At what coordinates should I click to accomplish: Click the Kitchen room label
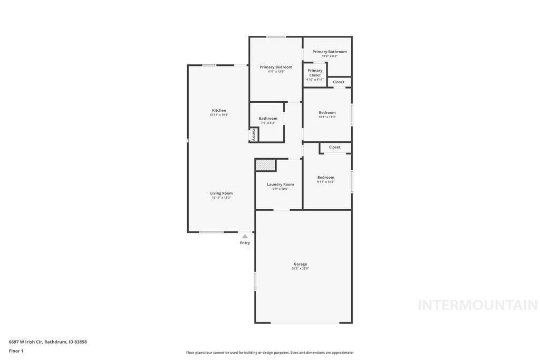coord(219,111)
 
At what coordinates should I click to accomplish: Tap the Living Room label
coord(221,193)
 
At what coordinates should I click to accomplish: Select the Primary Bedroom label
coord(276,67)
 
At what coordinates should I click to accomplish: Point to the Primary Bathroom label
coord(330,52)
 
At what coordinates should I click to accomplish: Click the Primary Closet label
coord(315,73)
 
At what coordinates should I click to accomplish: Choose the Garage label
coord(300,264)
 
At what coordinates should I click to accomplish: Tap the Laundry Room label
coord(280,184)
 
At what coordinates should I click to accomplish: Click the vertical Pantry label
coord(254,134)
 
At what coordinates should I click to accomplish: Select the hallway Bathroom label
coord(268,119)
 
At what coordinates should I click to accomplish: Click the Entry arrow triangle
coord(245,237)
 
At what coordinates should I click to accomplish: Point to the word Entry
coord(245,243)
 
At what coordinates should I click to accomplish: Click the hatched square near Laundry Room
coord(266,165)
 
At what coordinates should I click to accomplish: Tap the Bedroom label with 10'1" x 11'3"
coord(327,112)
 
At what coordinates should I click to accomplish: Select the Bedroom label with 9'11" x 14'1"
coord(326,177)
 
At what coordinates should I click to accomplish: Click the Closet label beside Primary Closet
coord(339,82)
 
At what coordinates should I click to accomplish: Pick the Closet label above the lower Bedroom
coord(334,147)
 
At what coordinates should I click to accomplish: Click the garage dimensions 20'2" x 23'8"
coord(300,269)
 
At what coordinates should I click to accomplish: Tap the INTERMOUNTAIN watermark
coord(477,305)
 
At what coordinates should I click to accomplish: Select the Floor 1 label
coord(16,351)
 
